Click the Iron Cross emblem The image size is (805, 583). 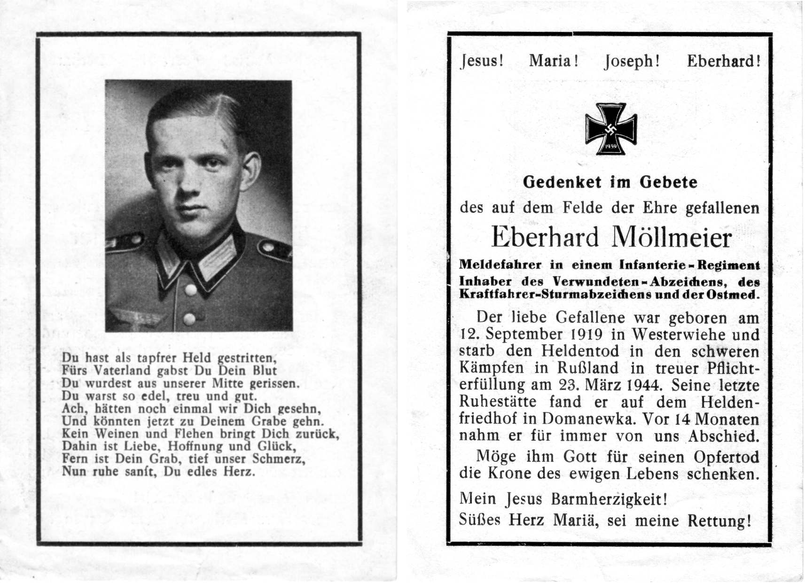coord(610,129)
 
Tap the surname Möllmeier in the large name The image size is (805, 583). coord(671,238)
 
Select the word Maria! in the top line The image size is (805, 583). coord(554,61)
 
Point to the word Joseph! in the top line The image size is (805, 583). coord(632,62)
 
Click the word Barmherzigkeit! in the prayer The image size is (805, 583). coord(609,499)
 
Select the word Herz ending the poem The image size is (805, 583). coord(239,472)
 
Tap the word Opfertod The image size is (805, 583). coord(726,457)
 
